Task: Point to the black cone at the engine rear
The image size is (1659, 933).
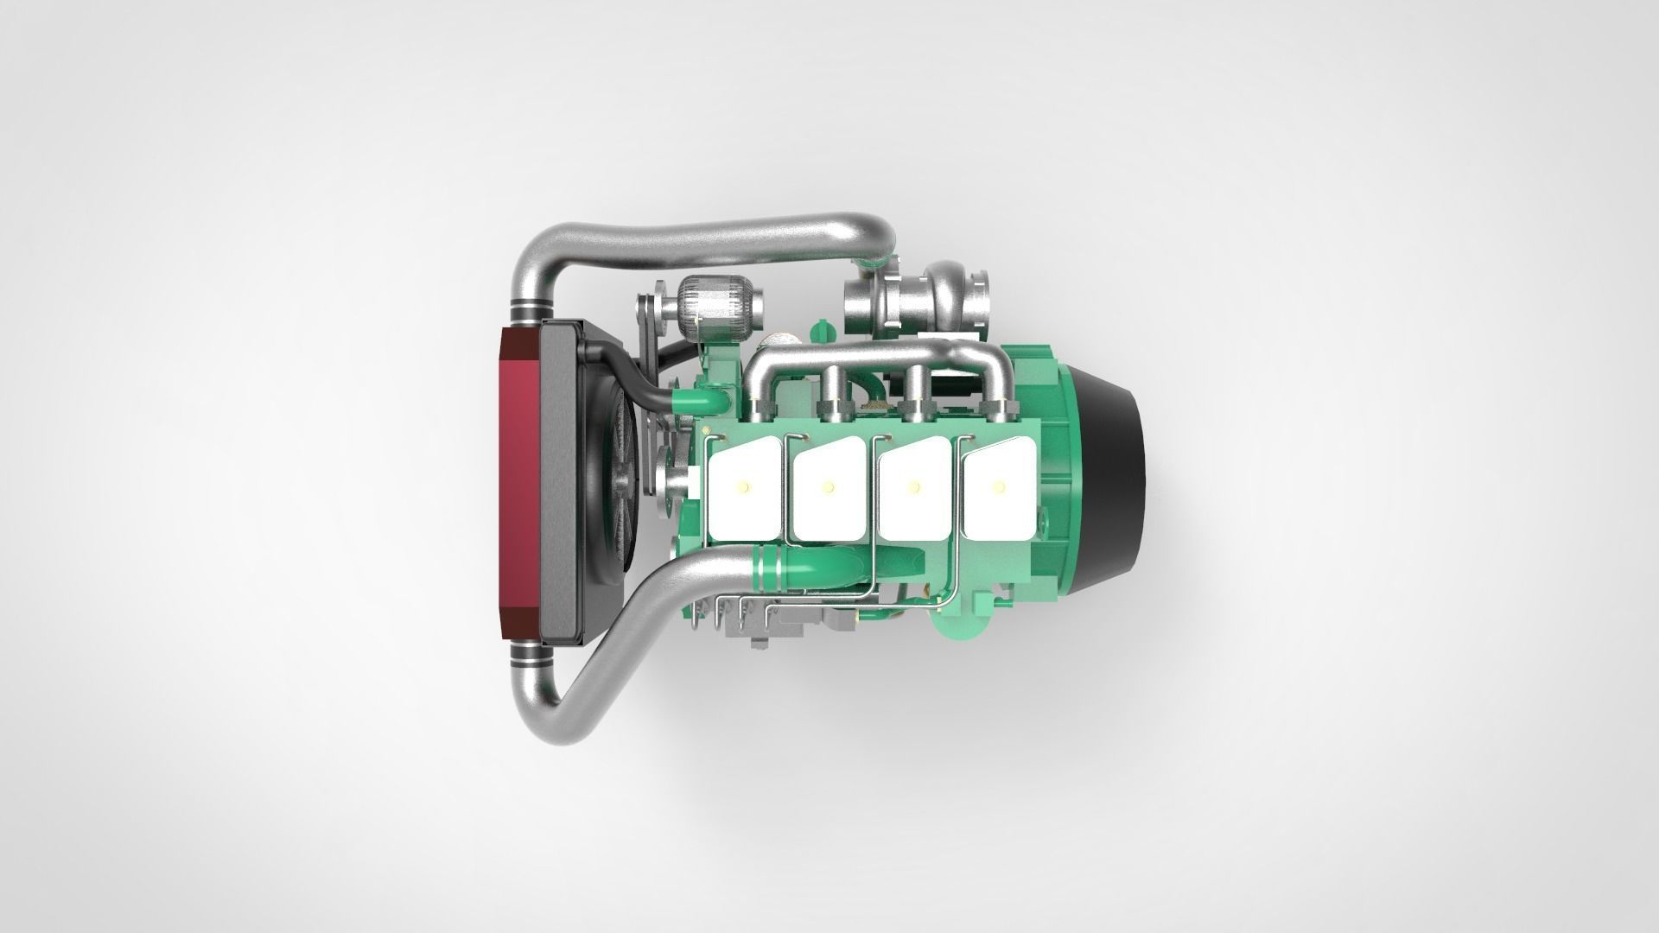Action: click(1115, 484)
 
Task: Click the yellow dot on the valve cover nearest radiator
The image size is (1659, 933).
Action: click(742, 488)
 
